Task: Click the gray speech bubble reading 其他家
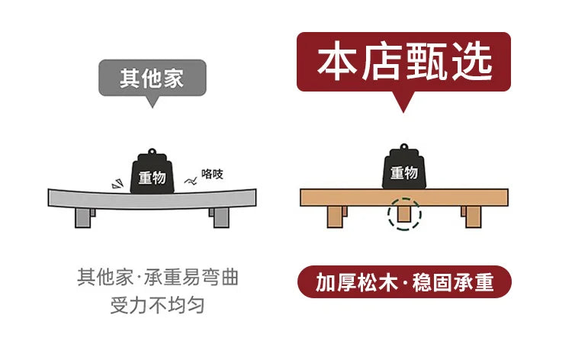(x=153, y=78)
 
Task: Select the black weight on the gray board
(x=152, y=172)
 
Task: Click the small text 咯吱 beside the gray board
(x=212, y=174)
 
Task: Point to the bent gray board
(x=152, y=199)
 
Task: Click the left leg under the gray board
(x=84, y=217)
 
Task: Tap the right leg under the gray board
(x=220, y=217)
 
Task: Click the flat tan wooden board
(x=404, y=198)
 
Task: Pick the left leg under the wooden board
(x=336, y=217)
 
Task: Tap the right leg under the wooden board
(x=471, y=217)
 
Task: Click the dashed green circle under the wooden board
(x=404, y=214)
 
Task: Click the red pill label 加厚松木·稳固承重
(x=404, y=282)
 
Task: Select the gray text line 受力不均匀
(x=157, y=305)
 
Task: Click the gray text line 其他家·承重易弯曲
(x=158, y=277)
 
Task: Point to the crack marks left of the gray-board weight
(x=117, y=184)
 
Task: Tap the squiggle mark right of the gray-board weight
(x=191, y=181)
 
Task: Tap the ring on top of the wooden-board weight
(x=403, y=147)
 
